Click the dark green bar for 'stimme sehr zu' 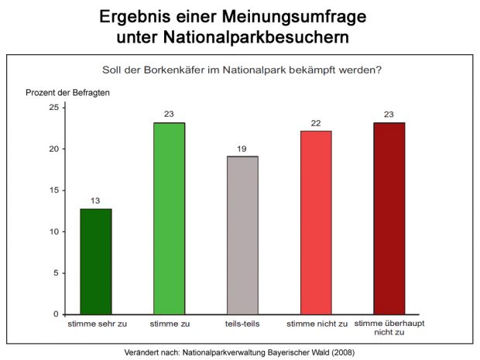(x=96, y=262)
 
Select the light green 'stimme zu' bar (x=169, y=218)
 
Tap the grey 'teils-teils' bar (x=242, y=235)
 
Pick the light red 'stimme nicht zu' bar (x=315, y=223)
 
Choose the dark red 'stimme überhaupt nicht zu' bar (x=389, y=218)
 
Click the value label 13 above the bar (x=96, y=201)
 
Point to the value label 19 (x=242, y=149)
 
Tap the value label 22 (x=315, y=123)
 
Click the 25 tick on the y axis (x=53, y=107)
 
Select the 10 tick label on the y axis (x=53, y=231)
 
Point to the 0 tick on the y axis (x=55, y=314)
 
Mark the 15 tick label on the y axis (x=53, y=190)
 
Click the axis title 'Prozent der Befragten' (x=67, y=92)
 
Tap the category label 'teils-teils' (x=242, y=323)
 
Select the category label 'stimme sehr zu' (x=95, y=323)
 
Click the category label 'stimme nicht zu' (x=315, y=323)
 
